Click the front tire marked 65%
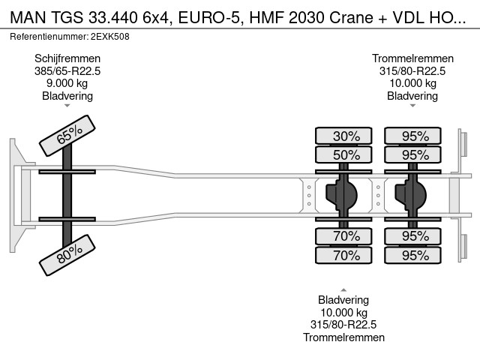pyautogui.click(x=67, y=135)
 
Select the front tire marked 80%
pyautogui.click(x=67, y=255)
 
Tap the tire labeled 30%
pyautogui.click(x=343, y=136)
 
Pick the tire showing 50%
pyautogui.click(x=343, y=154)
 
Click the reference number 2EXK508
pyautogui.click(x=110, y=37)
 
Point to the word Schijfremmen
pyautogui.click(x=67, y=58)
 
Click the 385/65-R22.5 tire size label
pyautogui.click(x=67, y=71)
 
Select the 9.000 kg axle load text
pyautogui.click(x=67, y=83)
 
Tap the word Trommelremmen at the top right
pyautogui.click(x=412, y=58)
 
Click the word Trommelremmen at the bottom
pyautogui.click(x=343, y=337)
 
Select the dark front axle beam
pyautogui.click(x=67, y=195)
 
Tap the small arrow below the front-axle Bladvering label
pyautogui.click(x=67, y=106)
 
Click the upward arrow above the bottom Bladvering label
pyautogui.click(x=343, y=289)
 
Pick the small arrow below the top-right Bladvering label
pyautogui.click(x=412, y=106)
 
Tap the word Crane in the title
pyautogui.click(x=351, y=18)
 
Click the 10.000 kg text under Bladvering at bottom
pyautogui.click(x=343, y=313)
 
